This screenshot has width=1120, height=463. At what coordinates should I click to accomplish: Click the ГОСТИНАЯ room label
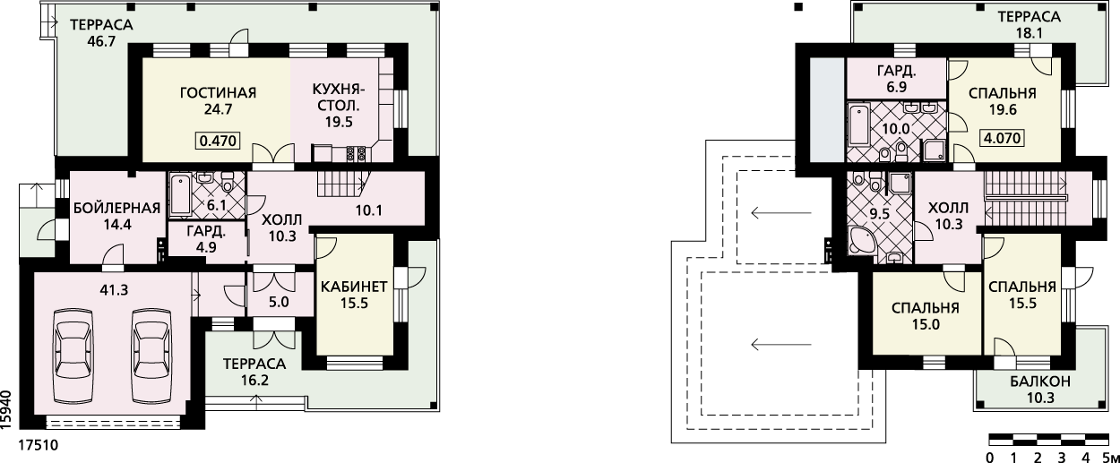[x=218, y=93]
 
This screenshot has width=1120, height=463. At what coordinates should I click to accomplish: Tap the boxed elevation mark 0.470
[x=218, y=141]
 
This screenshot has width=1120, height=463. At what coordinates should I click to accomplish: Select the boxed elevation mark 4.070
[x=1003, y=138]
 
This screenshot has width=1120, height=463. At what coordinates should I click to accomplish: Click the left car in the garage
[x=73, y=356]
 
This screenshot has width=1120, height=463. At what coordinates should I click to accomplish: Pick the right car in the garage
[x=153, y=356]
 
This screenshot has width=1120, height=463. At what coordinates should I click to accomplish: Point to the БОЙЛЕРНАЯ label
[x=117, y=208]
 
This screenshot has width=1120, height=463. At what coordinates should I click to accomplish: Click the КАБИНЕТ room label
[x=354, y=287]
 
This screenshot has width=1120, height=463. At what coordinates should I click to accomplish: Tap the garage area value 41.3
[x=115, y=290]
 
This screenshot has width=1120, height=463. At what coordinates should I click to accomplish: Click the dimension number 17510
[x=39, y=445]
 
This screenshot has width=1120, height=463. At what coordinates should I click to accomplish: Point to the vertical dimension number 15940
[x=6, y=410]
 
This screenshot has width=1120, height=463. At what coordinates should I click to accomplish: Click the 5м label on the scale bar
[x=1111, y=458]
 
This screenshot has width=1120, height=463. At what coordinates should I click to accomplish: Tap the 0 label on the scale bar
[x=989, y=458]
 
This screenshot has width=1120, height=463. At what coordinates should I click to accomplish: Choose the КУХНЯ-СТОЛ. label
[x=339, y=98]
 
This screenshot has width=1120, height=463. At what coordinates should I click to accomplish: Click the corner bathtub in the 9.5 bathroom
[x=861, y=241]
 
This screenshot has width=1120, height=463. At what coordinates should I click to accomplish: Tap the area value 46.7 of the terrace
[x=101, y=41]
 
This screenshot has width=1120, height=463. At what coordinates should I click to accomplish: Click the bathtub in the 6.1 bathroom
[x=180, y=195]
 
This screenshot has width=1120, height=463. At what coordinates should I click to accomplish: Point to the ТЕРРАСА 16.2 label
[x=254, y=372]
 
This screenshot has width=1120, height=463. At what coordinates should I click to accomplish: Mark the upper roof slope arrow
[x=781, y=213]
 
